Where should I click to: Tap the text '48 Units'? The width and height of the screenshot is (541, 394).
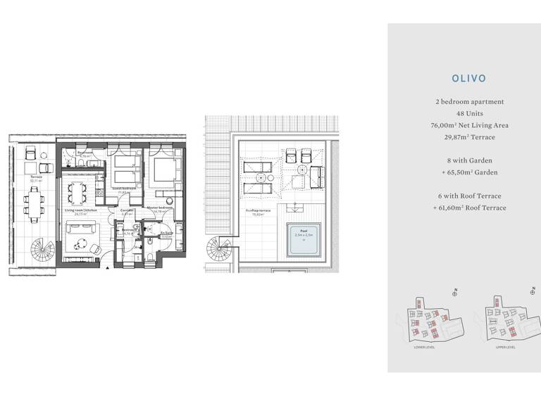tap(469, 113)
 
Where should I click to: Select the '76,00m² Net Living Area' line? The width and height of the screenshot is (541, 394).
tap(469, 125)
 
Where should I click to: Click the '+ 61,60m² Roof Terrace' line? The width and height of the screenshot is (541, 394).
tap(469, 208)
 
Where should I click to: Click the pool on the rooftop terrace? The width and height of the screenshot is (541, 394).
tap(303, 239)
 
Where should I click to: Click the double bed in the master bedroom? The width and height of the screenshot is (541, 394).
tap(164, 170)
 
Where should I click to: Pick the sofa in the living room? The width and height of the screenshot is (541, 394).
tap(80, 228)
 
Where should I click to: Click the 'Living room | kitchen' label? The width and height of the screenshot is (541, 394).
tap(80, 210)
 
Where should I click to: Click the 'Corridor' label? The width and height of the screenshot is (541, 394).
tap(127, 210)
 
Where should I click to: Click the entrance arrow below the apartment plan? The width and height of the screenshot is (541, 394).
tap(106, 268)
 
